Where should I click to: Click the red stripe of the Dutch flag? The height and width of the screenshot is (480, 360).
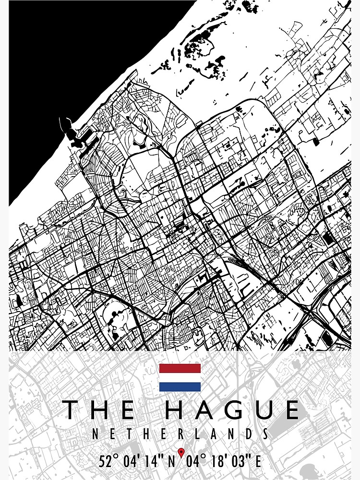180,368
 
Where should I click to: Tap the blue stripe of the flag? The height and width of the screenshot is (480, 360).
180,387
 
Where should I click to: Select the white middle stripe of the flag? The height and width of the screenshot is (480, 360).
180,378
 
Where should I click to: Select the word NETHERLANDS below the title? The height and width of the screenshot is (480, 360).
180,434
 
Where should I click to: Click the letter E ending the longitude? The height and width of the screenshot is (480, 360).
258,462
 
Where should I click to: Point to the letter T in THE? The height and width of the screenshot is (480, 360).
72,410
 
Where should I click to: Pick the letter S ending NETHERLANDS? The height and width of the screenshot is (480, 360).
264,434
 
